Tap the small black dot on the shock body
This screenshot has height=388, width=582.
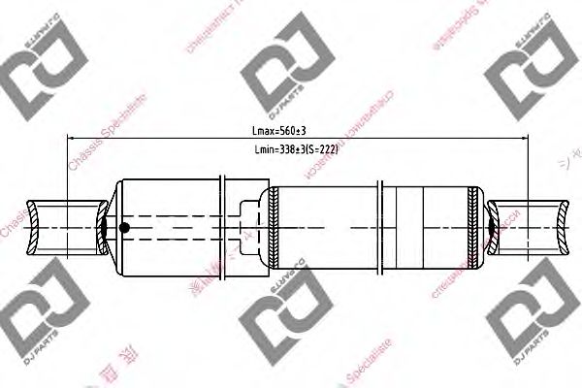pyautogui.click(x=123, y=228)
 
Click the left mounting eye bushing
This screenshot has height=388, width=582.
pyautogui.click(x=65, y=227)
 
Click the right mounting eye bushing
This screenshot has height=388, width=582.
pyautogui.click(x=530, y=227)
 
